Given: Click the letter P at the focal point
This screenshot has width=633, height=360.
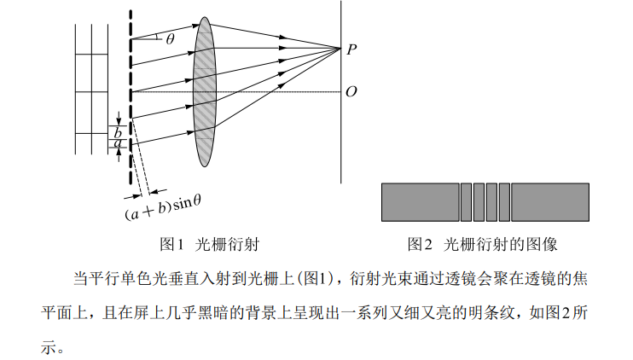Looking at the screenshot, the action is point(351,49).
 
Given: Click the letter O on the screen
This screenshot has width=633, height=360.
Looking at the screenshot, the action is point(351,91).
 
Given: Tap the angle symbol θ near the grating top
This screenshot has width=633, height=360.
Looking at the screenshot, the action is point(170,38).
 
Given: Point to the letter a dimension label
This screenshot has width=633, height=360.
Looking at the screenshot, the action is point(117,144).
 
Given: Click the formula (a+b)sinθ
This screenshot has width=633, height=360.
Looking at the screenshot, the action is point(162,203).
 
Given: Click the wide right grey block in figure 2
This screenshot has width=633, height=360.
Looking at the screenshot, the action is point(550,202).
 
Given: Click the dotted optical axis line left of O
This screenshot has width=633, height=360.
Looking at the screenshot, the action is point(282,91).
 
